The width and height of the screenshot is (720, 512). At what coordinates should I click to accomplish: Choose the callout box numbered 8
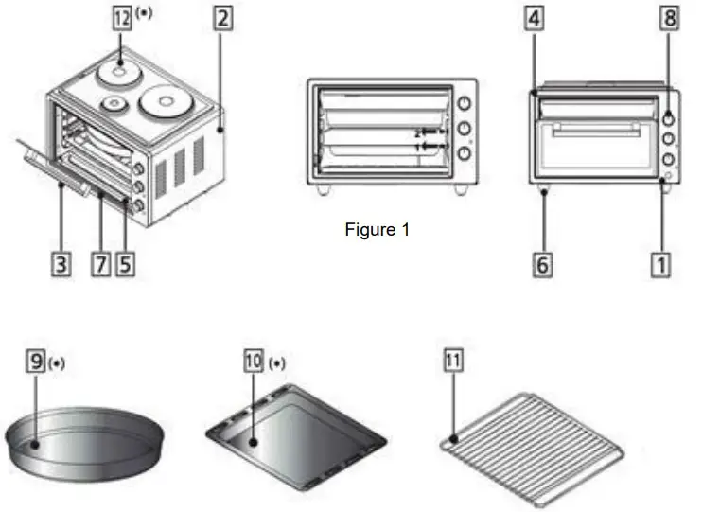(669, 19)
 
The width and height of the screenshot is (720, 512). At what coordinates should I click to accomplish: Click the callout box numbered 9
(35, 362)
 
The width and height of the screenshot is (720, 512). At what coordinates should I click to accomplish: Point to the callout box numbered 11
(453, 362)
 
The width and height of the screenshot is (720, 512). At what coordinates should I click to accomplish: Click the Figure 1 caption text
(378, 229)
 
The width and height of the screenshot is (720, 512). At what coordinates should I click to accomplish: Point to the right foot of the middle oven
(460, 189)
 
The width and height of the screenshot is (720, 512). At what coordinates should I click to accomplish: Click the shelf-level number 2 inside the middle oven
(417, 134)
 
